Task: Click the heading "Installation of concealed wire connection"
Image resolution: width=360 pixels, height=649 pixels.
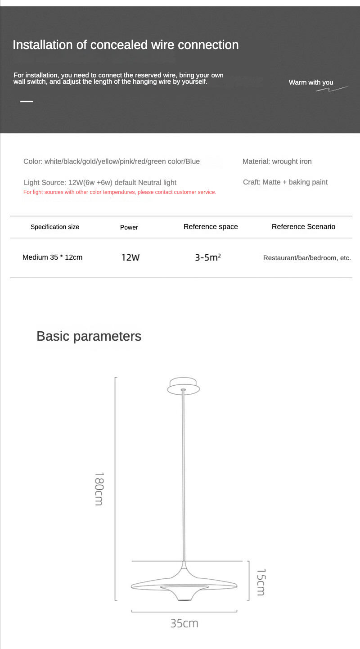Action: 126,45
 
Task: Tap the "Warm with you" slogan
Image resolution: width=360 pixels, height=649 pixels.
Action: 311,82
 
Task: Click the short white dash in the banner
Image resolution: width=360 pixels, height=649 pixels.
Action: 27,101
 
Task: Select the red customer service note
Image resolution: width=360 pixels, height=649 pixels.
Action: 120,192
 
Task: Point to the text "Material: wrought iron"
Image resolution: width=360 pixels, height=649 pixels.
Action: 277,161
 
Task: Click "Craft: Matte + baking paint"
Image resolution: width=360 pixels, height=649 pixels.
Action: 285,182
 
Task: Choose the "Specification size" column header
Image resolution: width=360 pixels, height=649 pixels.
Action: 55,227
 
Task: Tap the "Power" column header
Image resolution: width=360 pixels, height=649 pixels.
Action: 129,227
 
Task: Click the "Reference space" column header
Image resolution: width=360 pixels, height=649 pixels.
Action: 211,227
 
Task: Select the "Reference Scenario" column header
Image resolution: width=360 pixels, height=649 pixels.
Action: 303,227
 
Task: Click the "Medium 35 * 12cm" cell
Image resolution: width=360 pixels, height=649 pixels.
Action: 52,257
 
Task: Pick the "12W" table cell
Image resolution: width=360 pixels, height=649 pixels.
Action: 130,258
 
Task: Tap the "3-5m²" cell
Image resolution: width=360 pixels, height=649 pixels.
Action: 207,258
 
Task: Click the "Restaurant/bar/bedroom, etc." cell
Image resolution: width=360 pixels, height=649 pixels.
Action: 307,258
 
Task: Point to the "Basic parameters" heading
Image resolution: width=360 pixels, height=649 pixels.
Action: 89,336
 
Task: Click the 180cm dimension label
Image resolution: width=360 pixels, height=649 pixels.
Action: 99,489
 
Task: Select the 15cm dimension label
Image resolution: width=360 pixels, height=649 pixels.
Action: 261,582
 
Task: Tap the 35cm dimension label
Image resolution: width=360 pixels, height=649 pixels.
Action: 184,623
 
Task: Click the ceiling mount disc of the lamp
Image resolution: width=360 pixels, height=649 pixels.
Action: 183,386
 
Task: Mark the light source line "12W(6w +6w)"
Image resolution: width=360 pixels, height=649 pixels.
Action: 100,182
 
